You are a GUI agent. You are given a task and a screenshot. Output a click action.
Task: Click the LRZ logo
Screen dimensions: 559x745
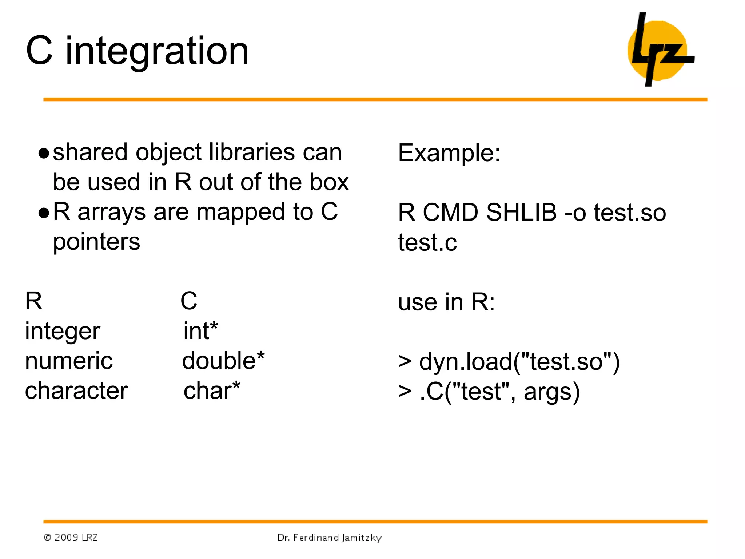660,50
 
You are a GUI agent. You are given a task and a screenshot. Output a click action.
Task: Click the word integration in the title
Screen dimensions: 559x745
157,52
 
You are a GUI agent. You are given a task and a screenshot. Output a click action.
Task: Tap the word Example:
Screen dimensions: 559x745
449,153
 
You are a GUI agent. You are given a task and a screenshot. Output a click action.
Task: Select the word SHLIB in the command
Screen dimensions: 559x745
521,212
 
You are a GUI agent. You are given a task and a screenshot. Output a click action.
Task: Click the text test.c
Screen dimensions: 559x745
427,243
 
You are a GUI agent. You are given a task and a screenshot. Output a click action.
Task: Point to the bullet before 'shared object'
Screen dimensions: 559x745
44,154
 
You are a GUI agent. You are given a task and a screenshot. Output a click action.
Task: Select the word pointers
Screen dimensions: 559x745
96,242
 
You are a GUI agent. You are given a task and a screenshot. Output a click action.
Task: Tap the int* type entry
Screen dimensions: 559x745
200,331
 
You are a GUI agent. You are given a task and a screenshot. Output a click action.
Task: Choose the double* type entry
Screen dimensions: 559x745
223,361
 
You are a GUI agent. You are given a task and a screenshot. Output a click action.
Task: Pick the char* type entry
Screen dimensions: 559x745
212,390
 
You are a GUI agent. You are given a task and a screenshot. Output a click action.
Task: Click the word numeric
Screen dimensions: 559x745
69,361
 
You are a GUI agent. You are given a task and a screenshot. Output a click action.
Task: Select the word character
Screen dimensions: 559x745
76,391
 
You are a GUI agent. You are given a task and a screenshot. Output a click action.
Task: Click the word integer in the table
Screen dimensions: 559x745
63,332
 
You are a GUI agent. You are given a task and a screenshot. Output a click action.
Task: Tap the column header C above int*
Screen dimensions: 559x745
189,301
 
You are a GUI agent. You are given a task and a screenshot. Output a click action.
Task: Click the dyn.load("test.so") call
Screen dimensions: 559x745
519,362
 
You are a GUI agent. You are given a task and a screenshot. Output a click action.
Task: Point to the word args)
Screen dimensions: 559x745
551,392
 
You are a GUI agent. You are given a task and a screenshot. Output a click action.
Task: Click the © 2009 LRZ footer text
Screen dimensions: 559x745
71,538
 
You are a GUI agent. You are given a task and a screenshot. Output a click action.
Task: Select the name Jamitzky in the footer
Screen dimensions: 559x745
361,538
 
